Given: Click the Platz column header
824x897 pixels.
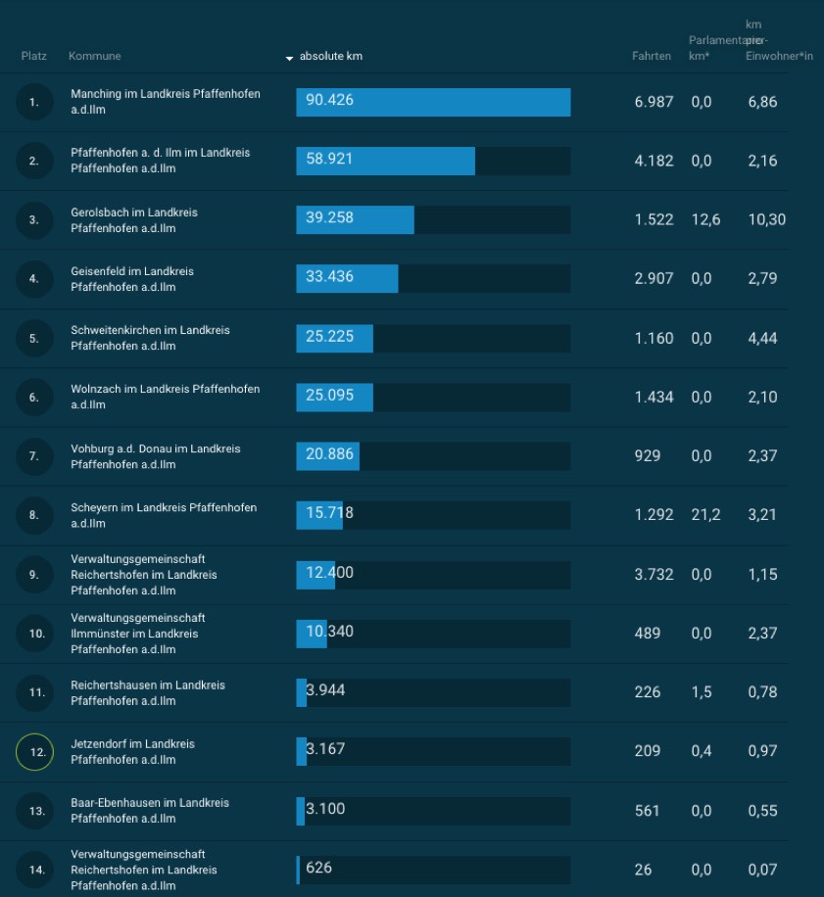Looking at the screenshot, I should (x=33, y=56).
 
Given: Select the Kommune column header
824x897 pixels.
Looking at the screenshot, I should (x=94, y=56).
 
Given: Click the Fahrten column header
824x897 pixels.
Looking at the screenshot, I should (x=652, y=56).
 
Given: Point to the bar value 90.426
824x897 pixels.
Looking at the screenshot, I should (x=329, y=101).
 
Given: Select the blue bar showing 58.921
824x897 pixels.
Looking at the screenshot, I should (x=385, y=161).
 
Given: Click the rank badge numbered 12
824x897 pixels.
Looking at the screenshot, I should (x=34, y=752).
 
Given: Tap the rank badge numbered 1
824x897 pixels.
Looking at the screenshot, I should (x=34, y=103).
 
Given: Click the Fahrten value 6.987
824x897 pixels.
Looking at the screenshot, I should (x=654, y=102).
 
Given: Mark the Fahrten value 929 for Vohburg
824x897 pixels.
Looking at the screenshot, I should (x=648, y=456).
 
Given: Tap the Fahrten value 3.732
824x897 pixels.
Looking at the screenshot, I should (x=654, y=575).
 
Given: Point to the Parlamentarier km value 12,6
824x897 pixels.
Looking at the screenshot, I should (x=704, y=219).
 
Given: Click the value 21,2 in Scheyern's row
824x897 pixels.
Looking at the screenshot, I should (x=704, y=514).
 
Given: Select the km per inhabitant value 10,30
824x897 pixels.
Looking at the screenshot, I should (x=766, y=219).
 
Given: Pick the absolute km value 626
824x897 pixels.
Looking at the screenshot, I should (x=318, y=868).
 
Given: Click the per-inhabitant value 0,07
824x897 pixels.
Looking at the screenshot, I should (x=762, y=870).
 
